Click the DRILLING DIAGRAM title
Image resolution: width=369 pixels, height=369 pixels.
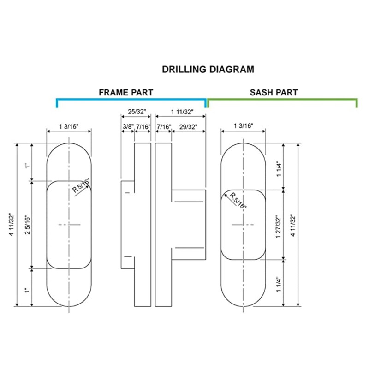[208, 70]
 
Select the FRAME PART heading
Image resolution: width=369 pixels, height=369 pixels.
[125, 92]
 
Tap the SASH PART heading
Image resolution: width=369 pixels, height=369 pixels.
[274, 92]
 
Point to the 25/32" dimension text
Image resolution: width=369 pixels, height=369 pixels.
[136, 112]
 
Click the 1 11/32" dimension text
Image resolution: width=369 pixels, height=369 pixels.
[182, 112]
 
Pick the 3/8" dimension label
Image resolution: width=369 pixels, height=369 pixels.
[128, 126]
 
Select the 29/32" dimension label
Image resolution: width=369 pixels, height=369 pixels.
[188, 126]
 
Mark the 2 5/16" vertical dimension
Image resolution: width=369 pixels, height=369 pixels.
[27, 225]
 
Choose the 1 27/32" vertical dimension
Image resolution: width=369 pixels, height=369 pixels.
[277, 225]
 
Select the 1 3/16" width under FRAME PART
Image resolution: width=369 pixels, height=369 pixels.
[69, 126]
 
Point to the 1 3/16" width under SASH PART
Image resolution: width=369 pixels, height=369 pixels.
[243, 126]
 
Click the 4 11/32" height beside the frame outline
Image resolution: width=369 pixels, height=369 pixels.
[11, 225]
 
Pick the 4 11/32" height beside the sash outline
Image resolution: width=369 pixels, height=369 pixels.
[292, 225]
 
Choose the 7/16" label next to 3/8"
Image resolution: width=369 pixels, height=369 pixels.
[143, 126]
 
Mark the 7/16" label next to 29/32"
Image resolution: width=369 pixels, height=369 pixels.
[164, 126]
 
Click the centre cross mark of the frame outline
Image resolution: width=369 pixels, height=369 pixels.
[69, 225]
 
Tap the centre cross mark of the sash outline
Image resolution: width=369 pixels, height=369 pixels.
[243, 225]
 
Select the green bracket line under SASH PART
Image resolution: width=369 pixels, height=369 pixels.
[282, 99]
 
